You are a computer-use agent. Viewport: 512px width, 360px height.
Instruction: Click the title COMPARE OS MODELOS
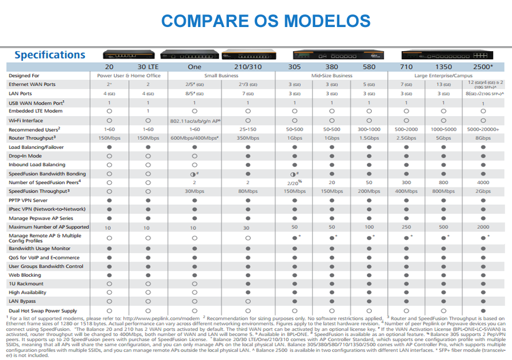point(265,21)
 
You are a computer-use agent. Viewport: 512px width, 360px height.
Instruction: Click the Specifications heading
point(49,55)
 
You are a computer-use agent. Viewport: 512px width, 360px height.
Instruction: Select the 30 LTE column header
point(148,67)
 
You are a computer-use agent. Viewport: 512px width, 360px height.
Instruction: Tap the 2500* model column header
point(483,67)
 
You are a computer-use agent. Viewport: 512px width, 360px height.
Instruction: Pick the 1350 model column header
point(443,67)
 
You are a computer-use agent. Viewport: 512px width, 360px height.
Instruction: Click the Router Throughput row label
point(32,138)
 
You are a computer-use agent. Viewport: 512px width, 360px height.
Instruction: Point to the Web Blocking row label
point(25,275)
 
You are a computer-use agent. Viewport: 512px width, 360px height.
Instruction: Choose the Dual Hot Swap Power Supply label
point(43,311)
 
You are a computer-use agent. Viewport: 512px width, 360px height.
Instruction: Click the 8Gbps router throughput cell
point(483,138)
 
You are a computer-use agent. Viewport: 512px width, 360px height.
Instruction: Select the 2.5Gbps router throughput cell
point(406,138)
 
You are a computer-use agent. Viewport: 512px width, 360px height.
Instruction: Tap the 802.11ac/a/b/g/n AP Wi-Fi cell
point(195,121)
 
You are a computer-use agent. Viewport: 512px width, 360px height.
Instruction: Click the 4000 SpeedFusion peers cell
point(483,182)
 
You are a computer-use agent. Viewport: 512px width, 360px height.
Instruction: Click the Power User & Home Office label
point(128,75)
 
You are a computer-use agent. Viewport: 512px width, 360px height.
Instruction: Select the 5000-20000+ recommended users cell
point(483,130)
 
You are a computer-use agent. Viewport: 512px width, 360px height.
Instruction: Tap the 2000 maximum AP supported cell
point(483,227)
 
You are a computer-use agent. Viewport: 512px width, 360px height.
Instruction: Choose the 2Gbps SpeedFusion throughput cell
point(483,191)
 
